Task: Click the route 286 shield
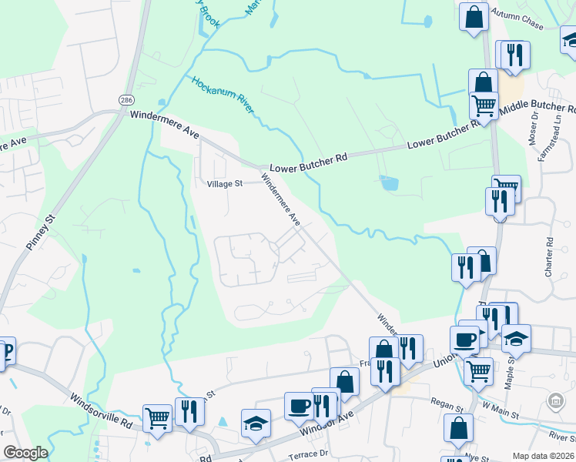pyautogui.click(x=126, y=100)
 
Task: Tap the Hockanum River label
pyautogui.click(x=223, y=95)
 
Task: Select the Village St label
pyautogui.click(x=225, y=184)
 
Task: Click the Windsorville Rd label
pyautogui.click(x=101, y=412)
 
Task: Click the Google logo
pyautogui.click(x=25, y=453)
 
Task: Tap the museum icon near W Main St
pyautogui.click(x=555, y=400)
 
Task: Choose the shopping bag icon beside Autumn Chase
pyautogui.click(x=474, y=16)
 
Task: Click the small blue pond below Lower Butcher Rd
pyautogui.click(x=390, y=183)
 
